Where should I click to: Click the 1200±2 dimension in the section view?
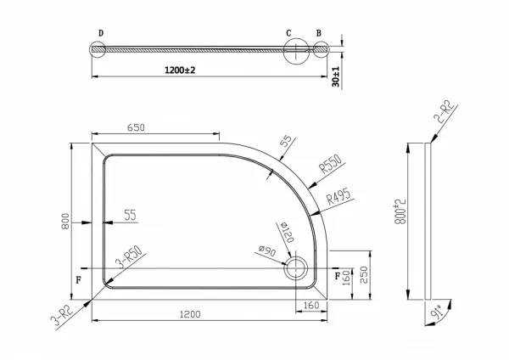click(180, 70)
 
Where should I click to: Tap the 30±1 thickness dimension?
click(336, 77)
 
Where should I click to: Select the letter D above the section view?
click(101, 33)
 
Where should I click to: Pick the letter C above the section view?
click(288, 33)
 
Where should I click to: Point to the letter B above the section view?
click(319, 33)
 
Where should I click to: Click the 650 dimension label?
click(136, 127)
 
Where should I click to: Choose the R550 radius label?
click(331, 164)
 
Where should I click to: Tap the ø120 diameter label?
click(287, 232)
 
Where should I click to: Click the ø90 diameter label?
click(267, 250)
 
